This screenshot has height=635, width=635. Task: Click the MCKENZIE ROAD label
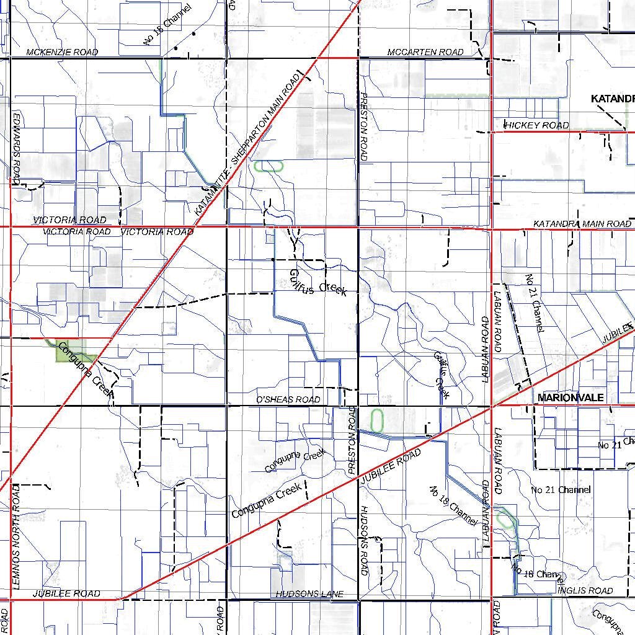[62, 52]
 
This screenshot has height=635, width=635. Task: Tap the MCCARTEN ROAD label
[425, 52]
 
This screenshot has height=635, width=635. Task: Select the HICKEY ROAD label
[536, 125]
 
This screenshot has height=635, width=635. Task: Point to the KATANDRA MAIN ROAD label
[582, 223]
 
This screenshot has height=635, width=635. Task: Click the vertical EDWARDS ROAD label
[17, 147]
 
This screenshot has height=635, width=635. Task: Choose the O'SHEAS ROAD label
[288, 399]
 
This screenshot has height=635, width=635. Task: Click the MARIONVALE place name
[571, 397]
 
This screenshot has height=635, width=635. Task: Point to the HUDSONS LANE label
[309, 594]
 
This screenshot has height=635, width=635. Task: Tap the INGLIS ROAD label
[585, 590]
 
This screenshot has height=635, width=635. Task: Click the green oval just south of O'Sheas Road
[376, 420]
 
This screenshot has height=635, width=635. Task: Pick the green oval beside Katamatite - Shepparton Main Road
[268, 166]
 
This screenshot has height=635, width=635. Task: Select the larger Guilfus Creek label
[317, 282]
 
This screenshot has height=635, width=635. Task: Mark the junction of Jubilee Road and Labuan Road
[491, 406]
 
